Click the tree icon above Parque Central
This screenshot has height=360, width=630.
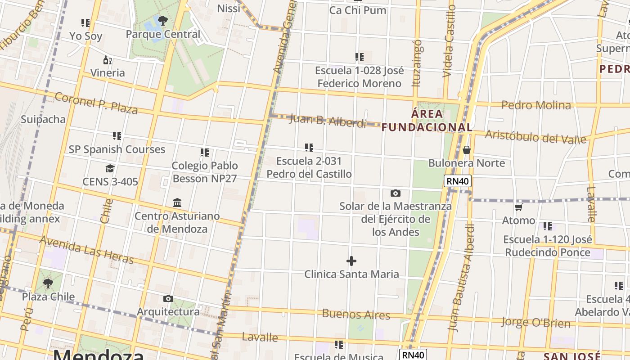click(x=162, y=20)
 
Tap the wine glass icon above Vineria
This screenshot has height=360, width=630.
click(x=108, y=60)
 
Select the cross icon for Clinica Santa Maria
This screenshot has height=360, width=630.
click(x=351, y=261)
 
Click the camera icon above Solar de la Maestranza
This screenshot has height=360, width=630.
click(x=396, y=193)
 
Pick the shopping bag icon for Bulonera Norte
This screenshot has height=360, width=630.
click(x=467, y=150)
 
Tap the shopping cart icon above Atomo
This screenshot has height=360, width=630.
click(x=519, y=207)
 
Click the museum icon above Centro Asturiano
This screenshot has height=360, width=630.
click(x=177, y=203)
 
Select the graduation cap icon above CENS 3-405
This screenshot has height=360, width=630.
click(x=110, y=169)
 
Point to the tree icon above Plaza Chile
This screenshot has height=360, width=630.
click(x=48, y=283)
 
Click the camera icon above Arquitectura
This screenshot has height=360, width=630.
click(x=168, y=298)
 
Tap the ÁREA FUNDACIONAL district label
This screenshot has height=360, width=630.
click(x=427, y=121)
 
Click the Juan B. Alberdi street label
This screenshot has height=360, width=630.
click(x=328, y=121)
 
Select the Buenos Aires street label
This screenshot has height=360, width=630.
click(x=356, y=314)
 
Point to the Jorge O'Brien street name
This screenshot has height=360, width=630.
click(x=535, y=322)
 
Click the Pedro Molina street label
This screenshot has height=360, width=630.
click(x=536, y=105)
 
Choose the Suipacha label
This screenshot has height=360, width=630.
click(x=43, y=119)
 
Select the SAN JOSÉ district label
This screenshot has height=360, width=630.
click(x=571, y=356)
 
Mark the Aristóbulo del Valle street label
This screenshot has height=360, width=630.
click(x=535, y=136)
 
